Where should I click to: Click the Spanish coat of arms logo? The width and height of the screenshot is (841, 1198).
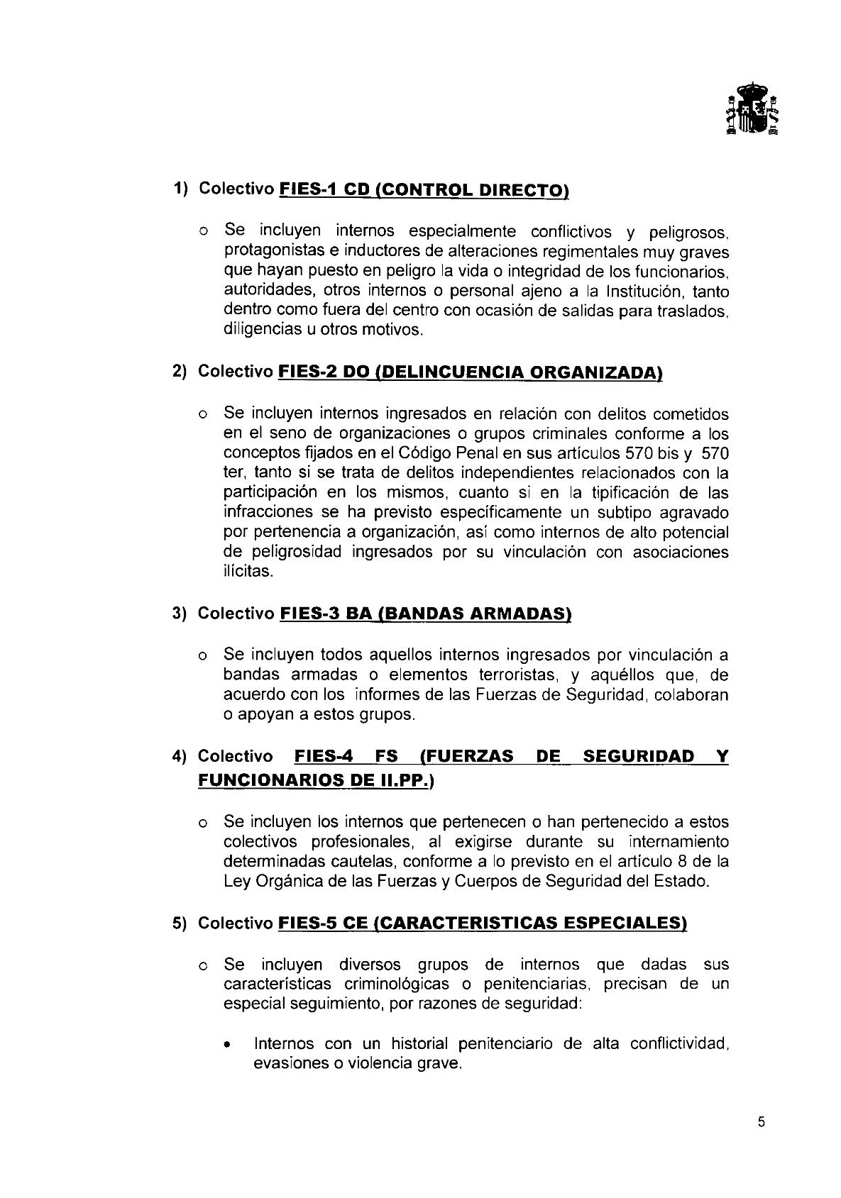tap(751, 108)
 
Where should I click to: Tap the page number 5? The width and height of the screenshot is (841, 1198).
tap(762, 1122)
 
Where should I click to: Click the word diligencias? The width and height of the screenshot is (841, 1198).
tap(257, 330)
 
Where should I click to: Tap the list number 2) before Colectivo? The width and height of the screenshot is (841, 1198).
tap(180, 372)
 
